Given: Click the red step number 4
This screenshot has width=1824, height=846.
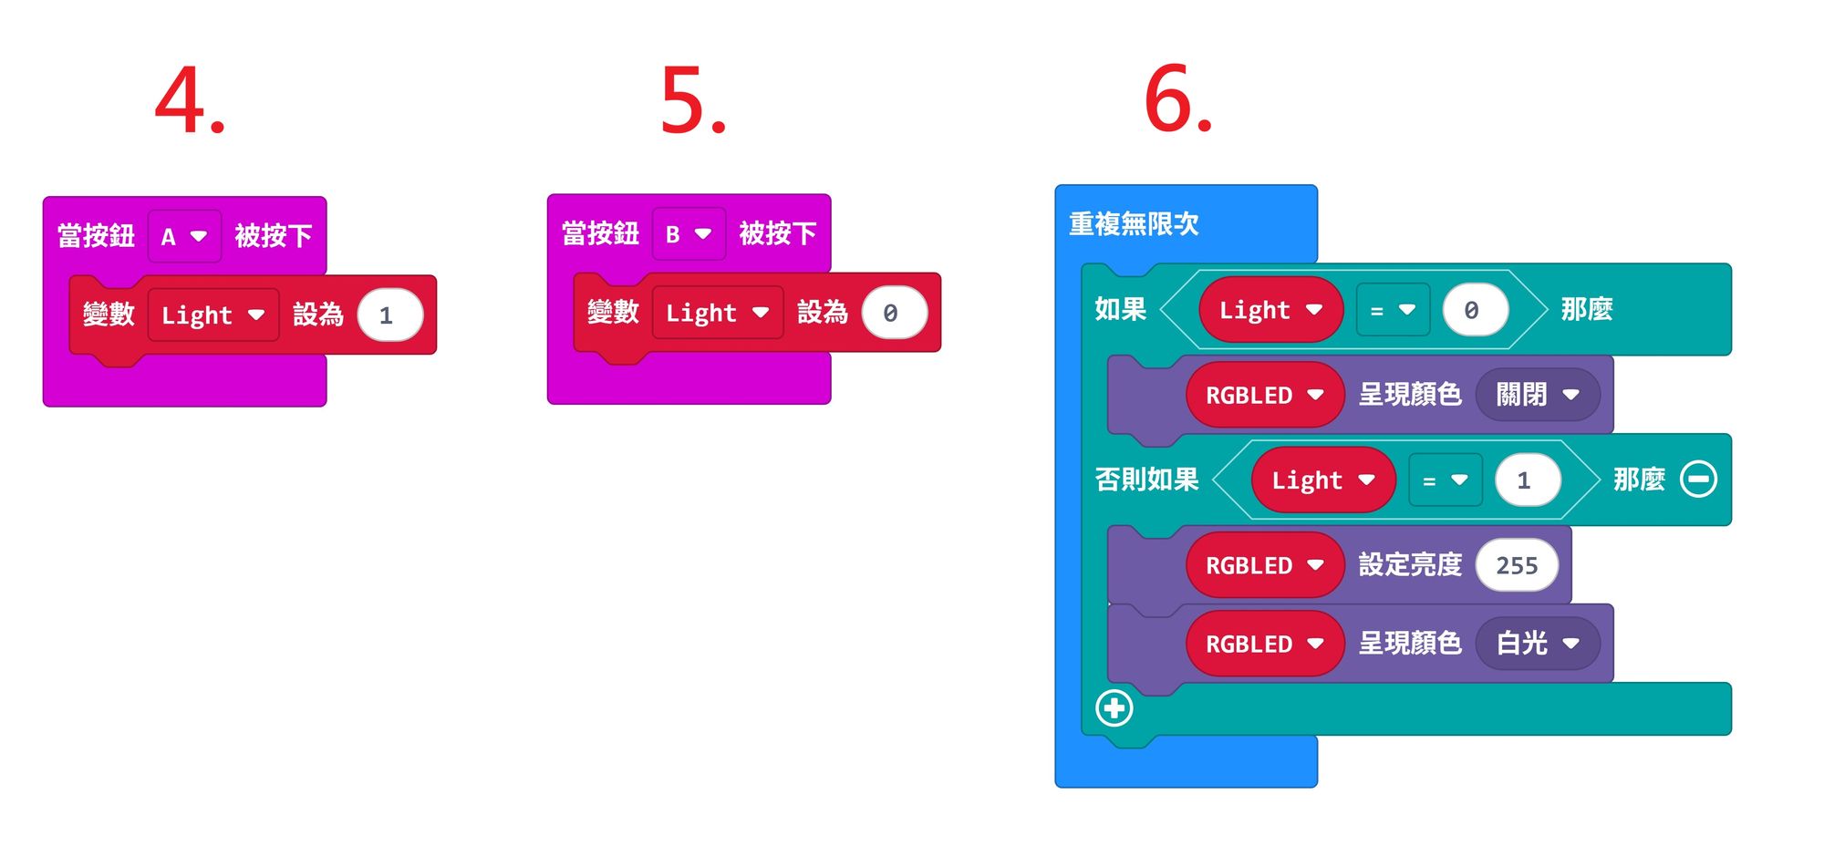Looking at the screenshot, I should (x=189, y=100).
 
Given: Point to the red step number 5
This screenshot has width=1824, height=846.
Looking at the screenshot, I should (x=692, y=100).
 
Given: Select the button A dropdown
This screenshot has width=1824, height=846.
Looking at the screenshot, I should (x=184, y=237).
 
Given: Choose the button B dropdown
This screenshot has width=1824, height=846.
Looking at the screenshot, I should (x=689, y=234).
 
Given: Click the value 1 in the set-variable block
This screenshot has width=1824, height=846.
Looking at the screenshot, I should (x=389, y=315).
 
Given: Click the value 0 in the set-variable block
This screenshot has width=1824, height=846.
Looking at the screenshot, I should (x=893, y=313).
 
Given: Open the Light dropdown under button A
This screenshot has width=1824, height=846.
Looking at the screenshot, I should (x=212, y=315).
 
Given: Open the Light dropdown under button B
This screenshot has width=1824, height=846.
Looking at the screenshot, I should (x=717, y=313).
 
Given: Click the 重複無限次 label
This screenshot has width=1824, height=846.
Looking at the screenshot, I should (x=1134, y=223).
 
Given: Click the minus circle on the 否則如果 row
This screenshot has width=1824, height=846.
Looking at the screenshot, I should (x=1698, y=480).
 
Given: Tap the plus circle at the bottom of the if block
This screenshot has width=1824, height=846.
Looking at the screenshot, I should (x=1114, y=708).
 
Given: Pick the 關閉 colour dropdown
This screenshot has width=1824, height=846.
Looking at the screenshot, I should (x=1537, y=395).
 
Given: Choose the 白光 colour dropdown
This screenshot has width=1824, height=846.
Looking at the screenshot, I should (x=1537, y=644).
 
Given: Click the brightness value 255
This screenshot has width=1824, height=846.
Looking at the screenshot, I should (x=1517, y=565).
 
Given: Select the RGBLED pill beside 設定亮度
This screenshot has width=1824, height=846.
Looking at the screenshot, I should (x=1264, y=565).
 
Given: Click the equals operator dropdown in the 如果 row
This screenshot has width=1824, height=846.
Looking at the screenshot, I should (x=1393, y=310).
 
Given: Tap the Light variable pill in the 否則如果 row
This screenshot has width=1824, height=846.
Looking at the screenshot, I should (x=1322, y=480).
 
